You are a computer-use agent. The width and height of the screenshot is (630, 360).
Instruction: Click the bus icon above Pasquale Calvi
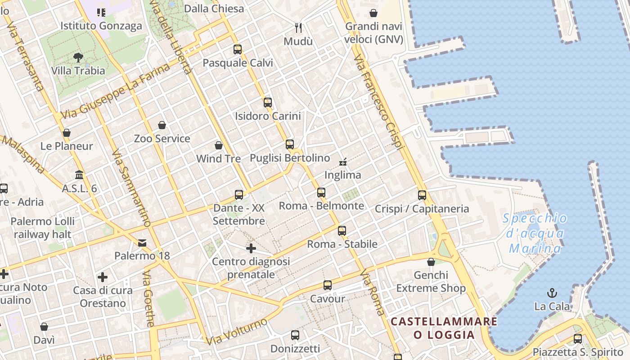pyautogui.click(x=238, y=49)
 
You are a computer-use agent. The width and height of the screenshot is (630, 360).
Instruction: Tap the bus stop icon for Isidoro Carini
pyautogui.click(x=268, y=103)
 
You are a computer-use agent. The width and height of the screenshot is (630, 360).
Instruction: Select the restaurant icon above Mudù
pyautogui.click(x=298, y=28)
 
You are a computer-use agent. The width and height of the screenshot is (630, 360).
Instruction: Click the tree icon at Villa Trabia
pyautogui.click(x=78, y=58)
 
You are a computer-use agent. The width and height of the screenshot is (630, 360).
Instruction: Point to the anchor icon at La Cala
pyautogui.click(x=552, y=293)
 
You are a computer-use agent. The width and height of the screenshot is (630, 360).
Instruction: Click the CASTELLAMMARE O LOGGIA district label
pyautogui.click(x=444, y=328)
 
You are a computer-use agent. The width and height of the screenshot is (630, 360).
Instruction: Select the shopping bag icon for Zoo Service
pyautogui.click(x=162, y=125)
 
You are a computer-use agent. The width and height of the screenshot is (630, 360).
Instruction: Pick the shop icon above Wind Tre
pyautogui.click(x=219, y=145)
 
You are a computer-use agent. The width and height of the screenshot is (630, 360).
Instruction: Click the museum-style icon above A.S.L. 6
pyautogui.click(x=79, y=175)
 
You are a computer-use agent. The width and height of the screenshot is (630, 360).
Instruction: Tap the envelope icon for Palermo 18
pyautogui.click(x=142, y=243)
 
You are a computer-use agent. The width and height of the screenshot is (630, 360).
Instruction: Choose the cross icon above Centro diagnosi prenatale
pyautogui.click(x=251, y=248)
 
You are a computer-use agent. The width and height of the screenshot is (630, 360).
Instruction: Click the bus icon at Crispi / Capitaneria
pyautogui.click(x=422, y=195)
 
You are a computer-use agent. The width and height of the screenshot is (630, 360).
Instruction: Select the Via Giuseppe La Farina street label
pyautogui.click(x=116, y=91)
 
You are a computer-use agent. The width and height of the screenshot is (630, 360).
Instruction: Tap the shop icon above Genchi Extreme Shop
pyautogui.click(x=431, y=262)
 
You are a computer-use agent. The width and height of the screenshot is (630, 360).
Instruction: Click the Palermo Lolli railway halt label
pyautogui.click(x=43, y=228)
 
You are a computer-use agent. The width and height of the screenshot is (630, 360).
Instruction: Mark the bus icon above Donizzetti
pyautogui.click(x=295, y=335)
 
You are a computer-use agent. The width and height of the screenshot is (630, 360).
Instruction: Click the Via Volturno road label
pyautogui.click(x=237, y=332)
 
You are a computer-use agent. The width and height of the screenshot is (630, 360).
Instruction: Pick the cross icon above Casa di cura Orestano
pyautogui.click(x=103, y=277)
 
